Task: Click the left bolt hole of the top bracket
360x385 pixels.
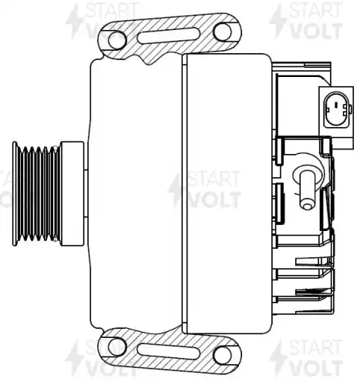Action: coord(117,40)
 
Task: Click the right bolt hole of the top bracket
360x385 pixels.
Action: coord(222,32)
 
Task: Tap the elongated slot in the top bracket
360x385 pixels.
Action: coord(169,35)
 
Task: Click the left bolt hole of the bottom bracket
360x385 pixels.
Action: coord(117,347)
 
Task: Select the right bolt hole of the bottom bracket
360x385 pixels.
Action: coord(222,355)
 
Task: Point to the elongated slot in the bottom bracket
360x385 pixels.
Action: coord(169,351)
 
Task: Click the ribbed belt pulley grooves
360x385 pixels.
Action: coord(39,194)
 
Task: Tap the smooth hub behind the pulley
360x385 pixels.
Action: coord(72,194)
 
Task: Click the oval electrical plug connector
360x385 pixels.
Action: coord(337,109)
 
